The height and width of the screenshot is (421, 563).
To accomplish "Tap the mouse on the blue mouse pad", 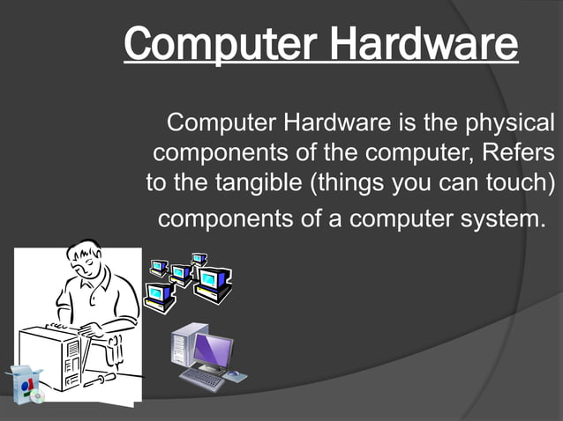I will point(234,375).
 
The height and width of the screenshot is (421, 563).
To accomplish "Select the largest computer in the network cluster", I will point(213,284).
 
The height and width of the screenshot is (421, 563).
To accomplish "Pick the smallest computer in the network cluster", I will point(199,259).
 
